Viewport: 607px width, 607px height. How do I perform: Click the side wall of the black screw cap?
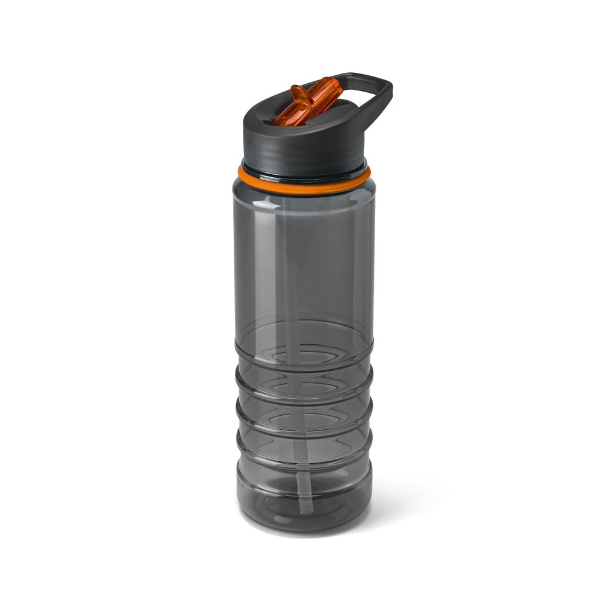(x=303, y=146)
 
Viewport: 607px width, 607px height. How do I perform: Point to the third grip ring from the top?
(x=303, y=425)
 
